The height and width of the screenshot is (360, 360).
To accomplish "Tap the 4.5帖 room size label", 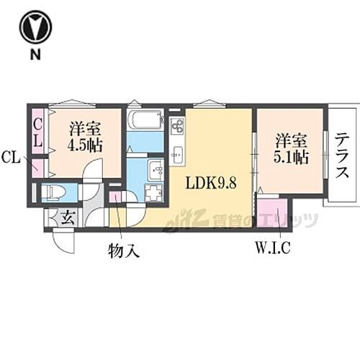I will (x=85, y=137).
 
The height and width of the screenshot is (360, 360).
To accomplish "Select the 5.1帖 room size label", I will (x=292, y=148).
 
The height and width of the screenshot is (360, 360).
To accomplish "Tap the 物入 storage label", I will (x=123, y=251).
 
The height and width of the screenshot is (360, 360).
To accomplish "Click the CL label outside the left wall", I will (x=11, y=156).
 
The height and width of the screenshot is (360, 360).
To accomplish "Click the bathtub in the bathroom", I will (x=146, y=119).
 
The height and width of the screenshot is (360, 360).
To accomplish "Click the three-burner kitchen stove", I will (x=177, y=127).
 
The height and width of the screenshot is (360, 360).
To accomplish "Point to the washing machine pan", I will (x=154, y=192).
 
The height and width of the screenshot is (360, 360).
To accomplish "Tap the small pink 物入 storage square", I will (x=115, y=196).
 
